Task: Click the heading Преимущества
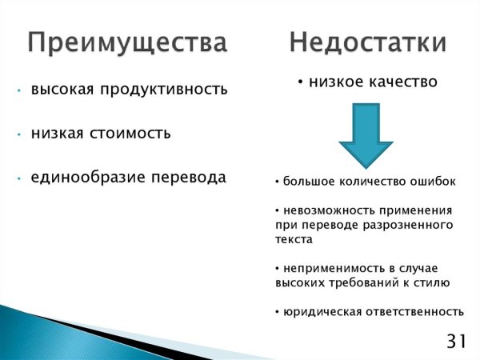127,42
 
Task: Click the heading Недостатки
367,42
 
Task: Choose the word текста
293,238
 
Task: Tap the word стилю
433,282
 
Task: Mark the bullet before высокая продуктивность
18,90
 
